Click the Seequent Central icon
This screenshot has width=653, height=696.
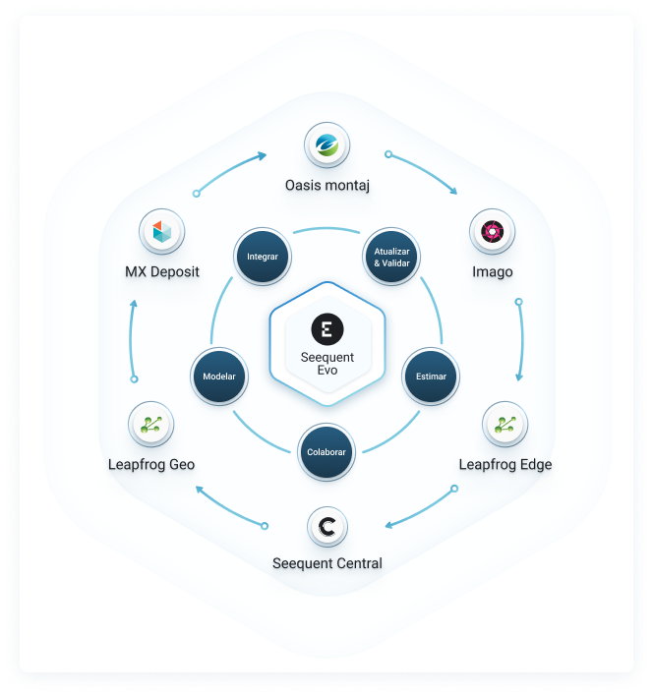(326, 527)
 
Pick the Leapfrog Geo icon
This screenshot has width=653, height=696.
(151, 424)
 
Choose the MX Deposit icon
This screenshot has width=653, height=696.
(162, 231)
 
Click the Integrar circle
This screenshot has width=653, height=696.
(263, 257)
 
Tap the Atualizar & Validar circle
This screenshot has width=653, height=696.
(391, 257)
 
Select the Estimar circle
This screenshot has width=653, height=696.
(431, 376)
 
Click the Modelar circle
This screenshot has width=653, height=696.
(219, 376)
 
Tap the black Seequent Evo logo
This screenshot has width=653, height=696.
(326, 328)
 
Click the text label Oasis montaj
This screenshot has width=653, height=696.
(326, 184)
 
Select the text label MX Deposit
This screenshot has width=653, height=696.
(162, 270)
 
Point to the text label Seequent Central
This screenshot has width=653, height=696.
(326, 563)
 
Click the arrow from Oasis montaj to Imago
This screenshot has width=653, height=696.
(424, 172)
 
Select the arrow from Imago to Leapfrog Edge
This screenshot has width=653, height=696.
(520, 340)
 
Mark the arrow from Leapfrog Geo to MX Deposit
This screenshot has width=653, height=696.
(133, 338)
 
